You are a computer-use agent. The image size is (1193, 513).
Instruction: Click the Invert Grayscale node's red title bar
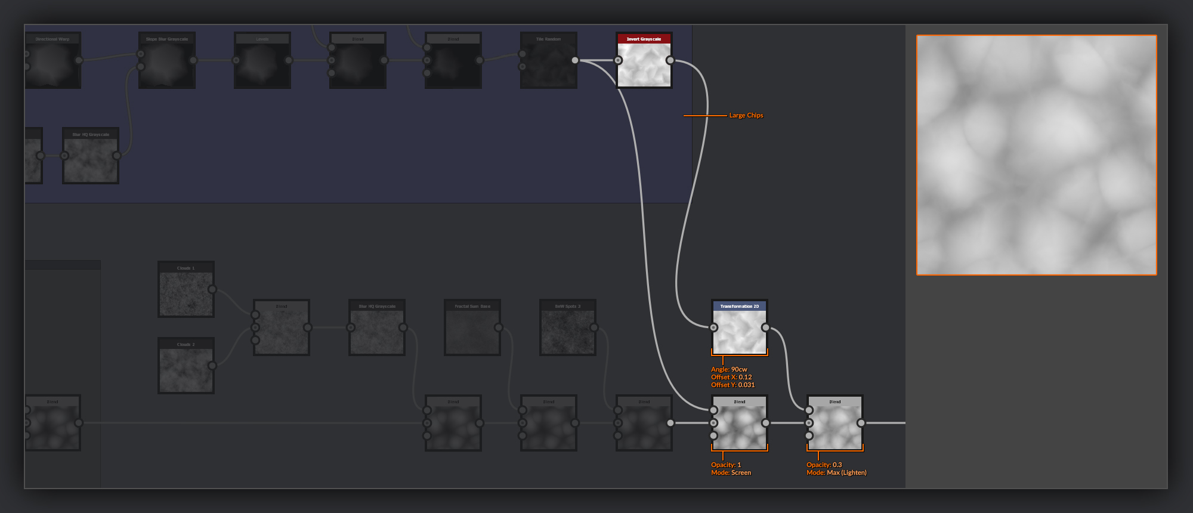pyautogui.click(x=644, y=39)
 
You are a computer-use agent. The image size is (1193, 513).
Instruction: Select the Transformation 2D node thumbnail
pyautogui.click(x=740, y=332)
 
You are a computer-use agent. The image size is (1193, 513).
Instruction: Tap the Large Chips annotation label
pyautogui.click(x=746, y=115)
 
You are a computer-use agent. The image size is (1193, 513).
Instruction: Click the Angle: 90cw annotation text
pyautogui.click(x=729, y=369)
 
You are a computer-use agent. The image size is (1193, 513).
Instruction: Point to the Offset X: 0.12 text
pyautogui.click(x=731, y=377)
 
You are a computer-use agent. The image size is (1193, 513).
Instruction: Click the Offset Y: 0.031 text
pyautogui.click(x=733, y=385)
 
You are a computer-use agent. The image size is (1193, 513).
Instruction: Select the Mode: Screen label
pyautogui.click(x=731, y=472)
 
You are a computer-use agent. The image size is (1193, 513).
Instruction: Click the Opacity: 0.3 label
pyautogui.click(x=824, y=465)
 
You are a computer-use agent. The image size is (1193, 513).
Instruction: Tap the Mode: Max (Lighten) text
pyautogui.click(x=836, y=472)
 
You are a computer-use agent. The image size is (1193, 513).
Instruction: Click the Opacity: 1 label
pyautogui.click(x=726, y=465)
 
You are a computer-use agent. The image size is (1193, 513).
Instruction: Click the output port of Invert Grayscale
pyautogui.click(x=670, y=60)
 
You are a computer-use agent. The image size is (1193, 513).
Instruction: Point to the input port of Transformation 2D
pyautogui.click(x=713, y=327)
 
